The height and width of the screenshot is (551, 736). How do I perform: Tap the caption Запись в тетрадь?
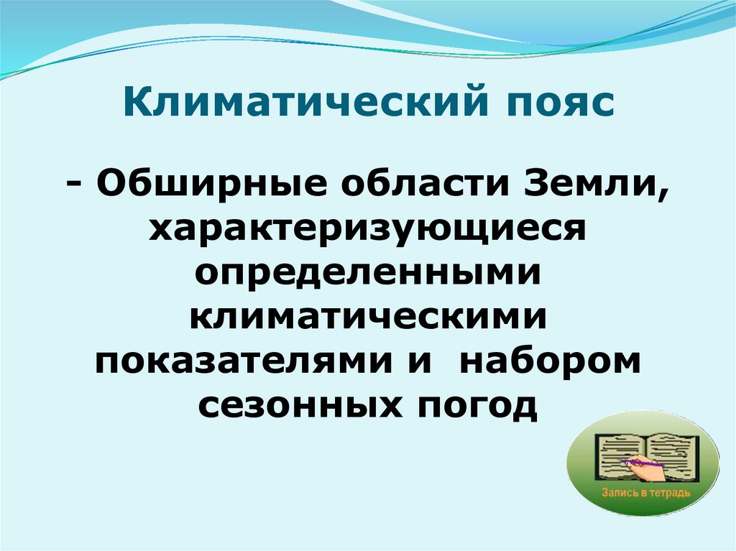pos(643,494)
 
